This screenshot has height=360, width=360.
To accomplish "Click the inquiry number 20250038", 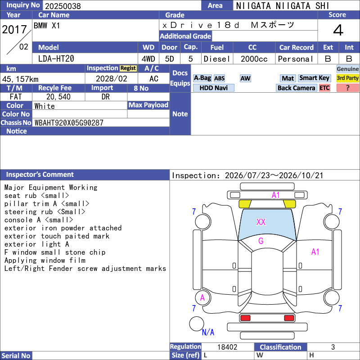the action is (x=63, y=6).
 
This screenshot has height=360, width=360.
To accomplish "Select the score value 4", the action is (x=338, y=30).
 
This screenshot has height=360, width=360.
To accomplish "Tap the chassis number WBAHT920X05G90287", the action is (x=69, y=123).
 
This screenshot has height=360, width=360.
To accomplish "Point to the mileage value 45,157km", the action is (x=20, y=79).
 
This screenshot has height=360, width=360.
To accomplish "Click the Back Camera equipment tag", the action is (x=296, y=88).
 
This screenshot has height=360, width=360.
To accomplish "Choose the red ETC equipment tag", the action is (x=324, y=88).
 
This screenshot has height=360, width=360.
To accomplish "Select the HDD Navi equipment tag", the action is (x=213, y=88).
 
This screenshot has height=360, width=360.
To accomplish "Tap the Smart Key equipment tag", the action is (x=314, y=78).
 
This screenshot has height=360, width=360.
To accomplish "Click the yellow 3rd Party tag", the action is (x=347, y=78).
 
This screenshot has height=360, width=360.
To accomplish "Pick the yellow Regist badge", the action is (x=128, y=68).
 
